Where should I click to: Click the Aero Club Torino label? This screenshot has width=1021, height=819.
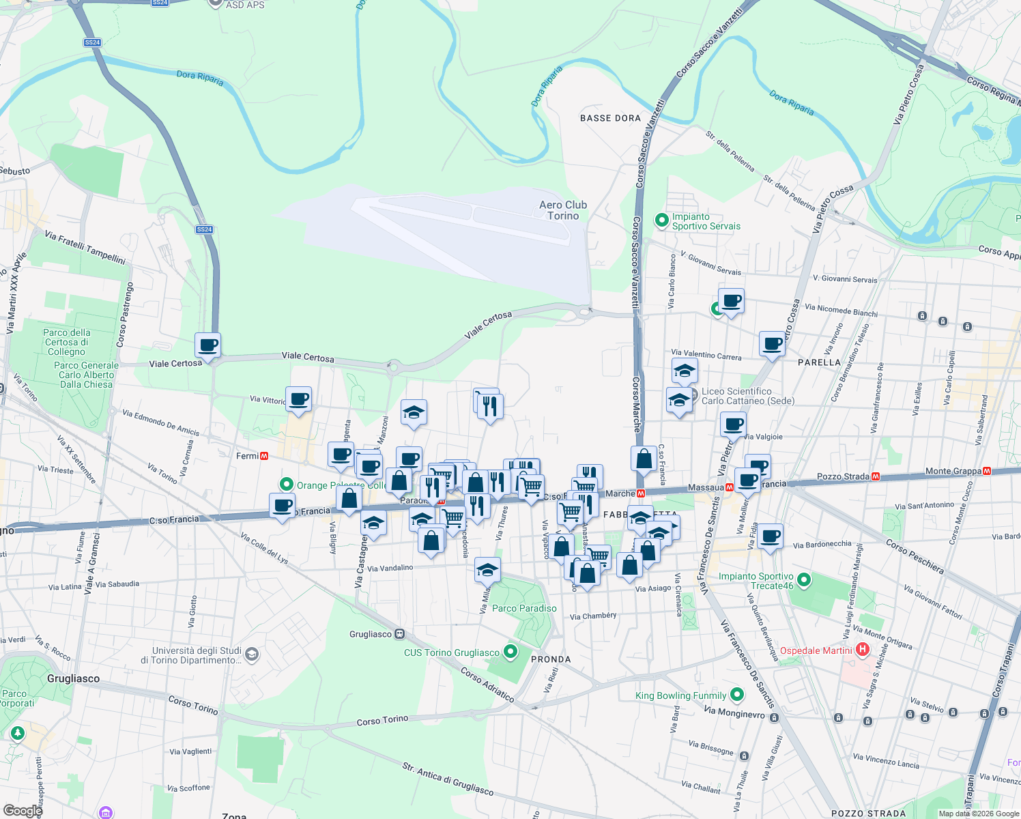coord(562,210)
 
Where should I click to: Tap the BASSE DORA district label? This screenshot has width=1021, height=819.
coord(610,118)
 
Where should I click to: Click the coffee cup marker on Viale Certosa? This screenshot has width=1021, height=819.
coord(207,345)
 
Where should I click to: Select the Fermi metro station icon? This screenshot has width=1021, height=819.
coord(264,456)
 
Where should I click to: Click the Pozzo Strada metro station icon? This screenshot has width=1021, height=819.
coord(876,476)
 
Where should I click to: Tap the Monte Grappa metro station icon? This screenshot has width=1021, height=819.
coord(986,471)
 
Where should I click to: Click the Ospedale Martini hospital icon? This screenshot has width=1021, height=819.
coord(863,650)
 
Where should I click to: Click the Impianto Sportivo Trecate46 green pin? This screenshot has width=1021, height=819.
coord(804,580)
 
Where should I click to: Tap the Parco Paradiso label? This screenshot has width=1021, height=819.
coord(524,608)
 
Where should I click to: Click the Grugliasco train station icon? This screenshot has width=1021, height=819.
coord(400,634)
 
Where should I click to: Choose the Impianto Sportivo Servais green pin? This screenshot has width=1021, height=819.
coord(661,220)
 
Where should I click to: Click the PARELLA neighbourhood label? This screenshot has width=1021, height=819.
coord(819,362)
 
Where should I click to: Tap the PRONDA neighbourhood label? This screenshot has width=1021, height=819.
coord(551,659)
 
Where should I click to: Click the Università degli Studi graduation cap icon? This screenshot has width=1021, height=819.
coord(252,655)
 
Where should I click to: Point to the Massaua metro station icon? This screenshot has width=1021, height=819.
coord(729,487)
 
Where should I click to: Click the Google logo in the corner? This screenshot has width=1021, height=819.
coord(22,810)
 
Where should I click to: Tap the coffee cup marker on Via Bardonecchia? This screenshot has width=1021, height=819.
coord(770,536)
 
